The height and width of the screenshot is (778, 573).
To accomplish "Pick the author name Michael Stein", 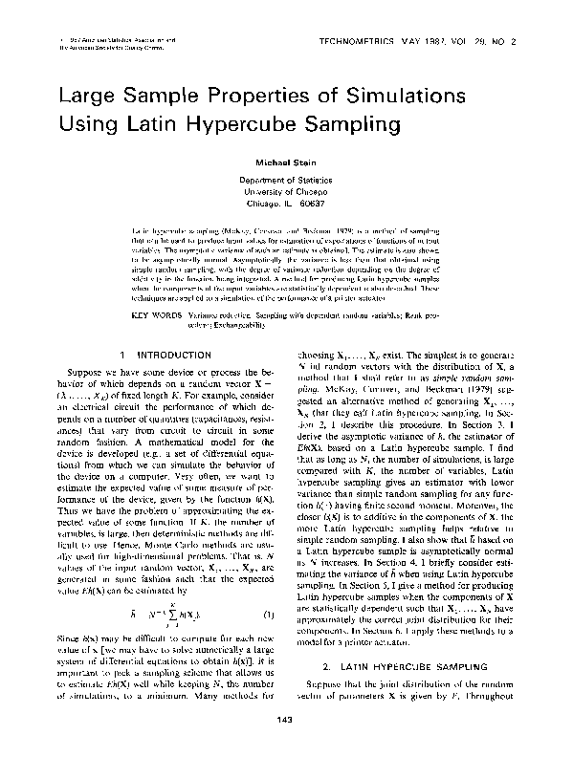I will click(x=286, y=163).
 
